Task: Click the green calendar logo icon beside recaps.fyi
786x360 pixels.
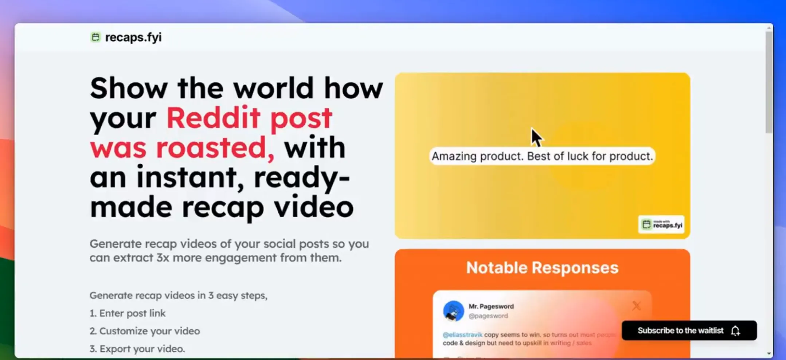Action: pyautogui.click(x=95, y=37)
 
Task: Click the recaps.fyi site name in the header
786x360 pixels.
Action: pyautogui.click(x=133, y=37)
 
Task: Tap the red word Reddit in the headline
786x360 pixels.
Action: pyautogui.click(x=213, y=118)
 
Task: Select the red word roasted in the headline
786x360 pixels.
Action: pyautogui.click(x=215, y=148)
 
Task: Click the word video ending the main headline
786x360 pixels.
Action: pyautogui.click(x=314, y=207)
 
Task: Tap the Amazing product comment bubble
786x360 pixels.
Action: pyautogui.click(x=542, y=156)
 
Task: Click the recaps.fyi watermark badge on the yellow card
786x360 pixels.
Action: pyautogui.click(x=661, y=224)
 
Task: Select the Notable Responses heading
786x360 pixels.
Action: pyautogui.click(x=542, y=268)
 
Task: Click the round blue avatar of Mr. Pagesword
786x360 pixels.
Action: pyautogui.click(x=453, y=311)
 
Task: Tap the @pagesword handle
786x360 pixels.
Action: pyautogui.click(x=488, y=316)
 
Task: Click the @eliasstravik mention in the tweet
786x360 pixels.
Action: pyautogui.click(x=462, y=334)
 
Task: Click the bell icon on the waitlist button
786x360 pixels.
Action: pyautogui.click(x=735, y=330)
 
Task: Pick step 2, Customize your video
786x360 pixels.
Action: pyautogui.click(x=145, y=331)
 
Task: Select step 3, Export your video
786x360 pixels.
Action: pyautogui.click(x=137, y=349)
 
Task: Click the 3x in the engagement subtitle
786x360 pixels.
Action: pyautogui.click(x=163, y=258)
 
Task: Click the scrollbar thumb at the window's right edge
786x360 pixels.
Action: pyautogui.click(x=769, y=82)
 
